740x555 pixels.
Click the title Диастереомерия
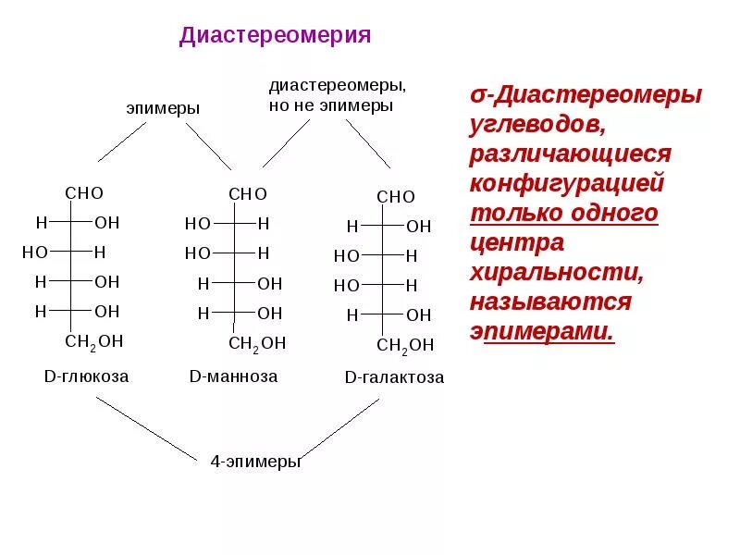[275, 36]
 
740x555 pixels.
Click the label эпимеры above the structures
[163, 108]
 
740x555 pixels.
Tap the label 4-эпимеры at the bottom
[255, 461]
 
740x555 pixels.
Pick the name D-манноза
[233, 376]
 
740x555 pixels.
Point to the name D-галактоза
[394, 377]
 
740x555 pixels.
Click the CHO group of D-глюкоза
[83, 193]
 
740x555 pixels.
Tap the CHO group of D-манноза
[247, 194]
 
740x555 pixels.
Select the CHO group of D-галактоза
[396, 197]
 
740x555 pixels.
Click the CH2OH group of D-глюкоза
[93, 341]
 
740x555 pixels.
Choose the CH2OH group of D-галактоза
[405, 345]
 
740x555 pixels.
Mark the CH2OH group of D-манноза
[256, 343]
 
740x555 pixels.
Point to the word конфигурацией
[567, 183]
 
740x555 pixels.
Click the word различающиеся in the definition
[570, 154]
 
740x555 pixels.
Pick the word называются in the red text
[550, 302]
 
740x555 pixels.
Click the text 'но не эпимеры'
[331, 105]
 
